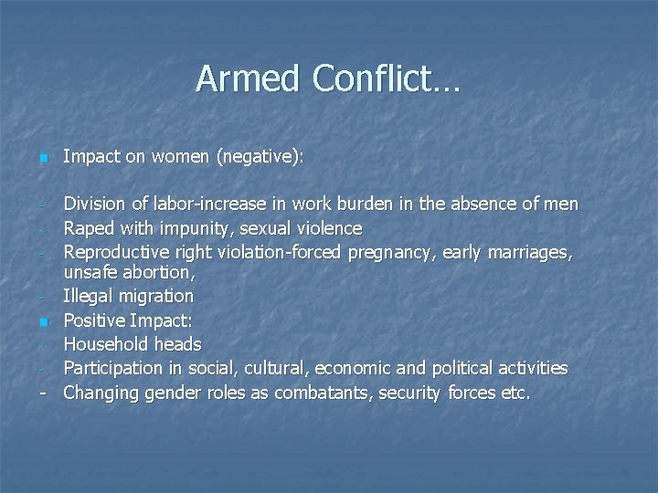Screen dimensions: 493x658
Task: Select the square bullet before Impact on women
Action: [42, 160]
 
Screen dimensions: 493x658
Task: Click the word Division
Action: [95, 204]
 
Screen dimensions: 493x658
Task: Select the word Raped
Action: [88, 227]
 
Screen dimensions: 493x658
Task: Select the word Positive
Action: [92, 320]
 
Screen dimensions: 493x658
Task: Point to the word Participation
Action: [114, 368]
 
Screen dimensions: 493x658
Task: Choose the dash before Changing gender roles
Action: [43, 393]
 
